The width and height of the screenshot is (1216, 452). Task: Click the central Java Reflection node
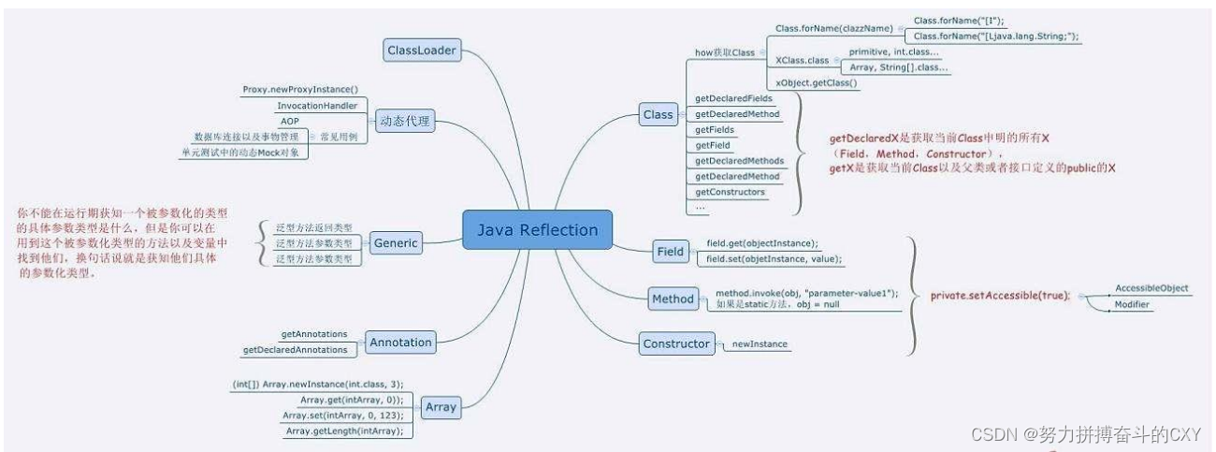pyautogui.click(x=537, y=230)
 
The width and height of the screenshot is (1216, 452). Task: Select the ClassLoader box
pyautogui.click(x=421, y=50)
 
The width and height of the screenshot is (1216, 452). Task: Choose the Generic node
pyautogui.click(x=396, y=243)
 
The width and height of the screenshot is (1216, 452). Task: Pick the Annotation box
pyautogui.click(x=400, y=343)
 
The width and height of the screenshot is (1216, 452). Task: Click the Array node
pyautogui.click(x=440, y=407)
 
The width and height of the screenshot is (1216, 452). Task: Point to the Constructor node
pyautogui.click(x=675, y=343)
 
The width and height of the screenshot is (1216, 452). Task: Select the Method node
pyautogui.click(x=673, y=299)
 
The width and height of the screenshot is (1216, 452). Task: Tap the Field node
pyautogui.click(x=670, y=252)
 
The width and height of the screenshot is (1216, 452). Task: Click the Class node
pyautogui.click(x=658, y=115)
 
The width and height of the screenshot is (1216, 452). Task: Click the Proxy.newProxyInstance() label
pyautogui.click(x=300, y=90)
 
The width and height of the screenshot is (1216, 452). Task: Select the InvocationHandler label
pyautogui.click(x=316, y=106)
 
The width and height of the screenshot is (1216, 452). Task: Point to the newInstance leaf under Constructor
pyautogui.click(x=760, y=344)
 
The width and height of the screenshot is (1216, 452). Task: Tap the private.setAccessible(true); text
pyautogui.click(x=1000, y=296)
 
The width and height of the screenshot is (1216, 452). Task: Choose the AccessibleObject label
pyautogui.click(x=1151, y=288)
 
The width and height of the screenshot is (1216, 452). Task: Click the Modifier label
pyautogui.click(x=1133, y=305)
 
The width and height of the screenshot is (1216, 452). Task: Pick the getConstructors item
pyautogui.click(x=730, y=192)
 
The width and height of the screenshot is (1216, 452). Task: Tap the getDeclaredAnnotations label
pyautogui.click(x=295, y=350)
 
